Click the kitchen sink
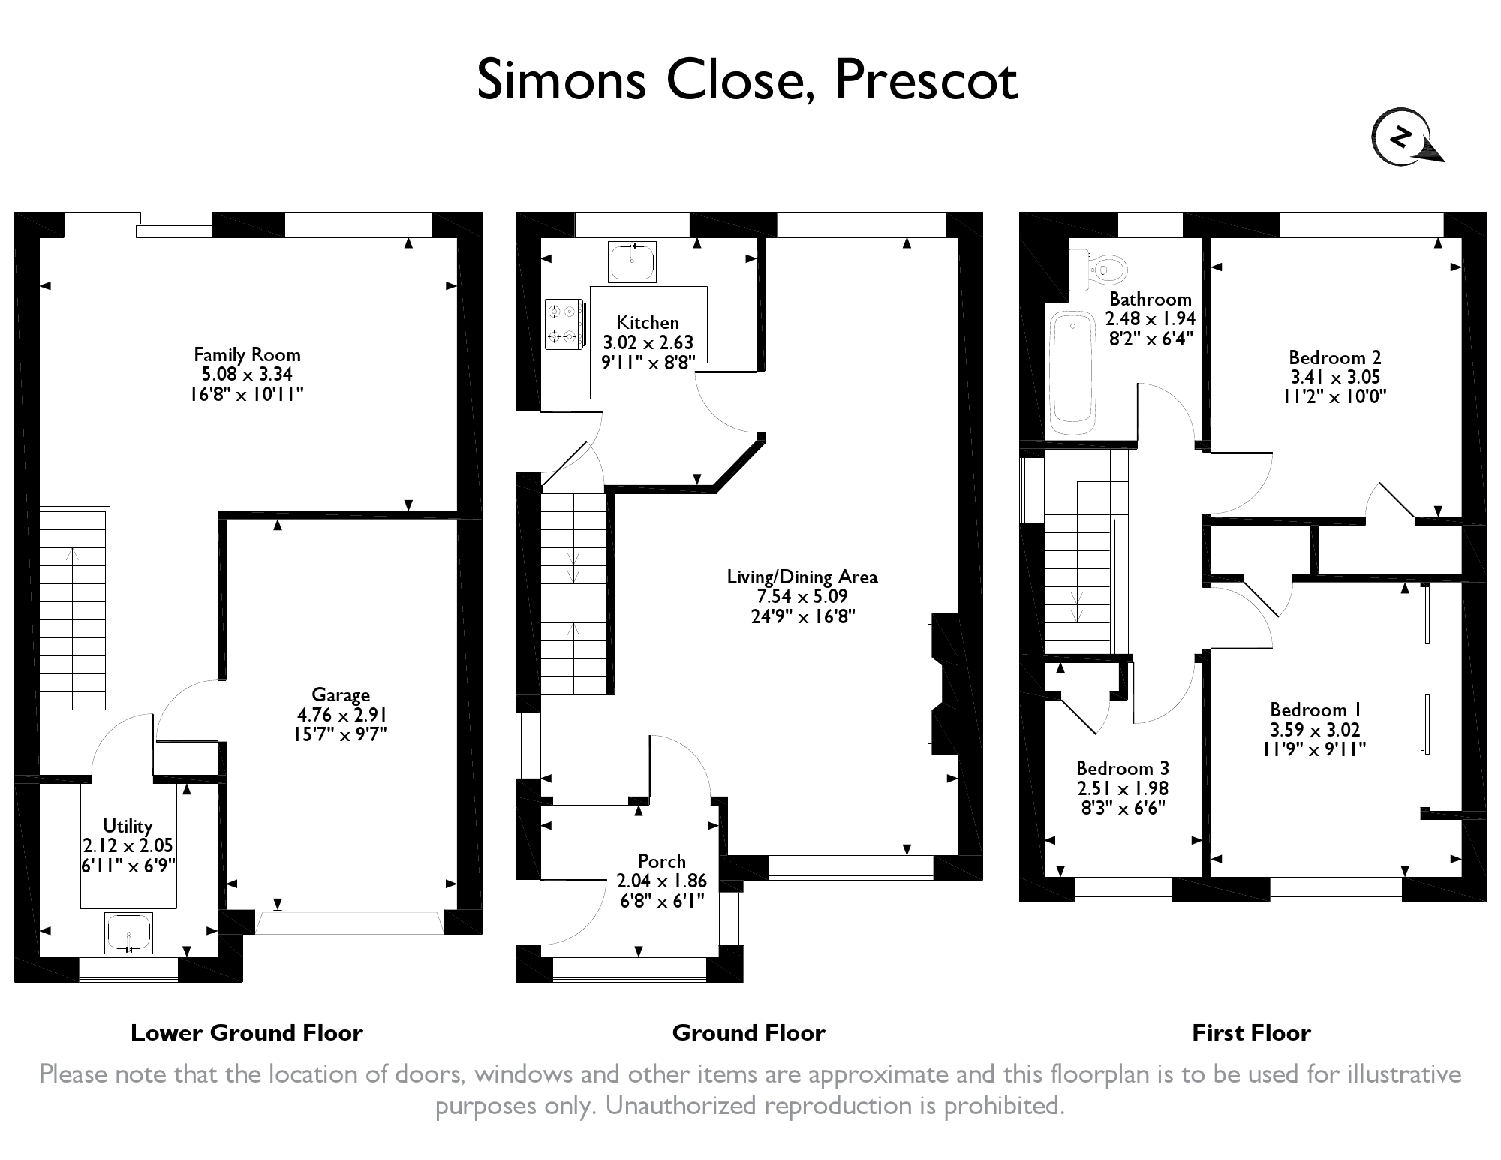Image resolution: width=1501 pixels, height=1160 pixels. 633,261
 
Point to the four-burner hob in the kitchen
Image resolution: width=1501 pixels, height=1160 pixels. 563,324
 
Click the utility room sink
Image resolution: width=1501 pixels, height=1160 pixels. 129,933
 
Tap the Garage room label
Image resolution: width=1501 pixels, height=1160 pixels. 341,694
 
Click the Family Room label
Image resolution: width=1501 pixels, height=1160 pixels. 247,354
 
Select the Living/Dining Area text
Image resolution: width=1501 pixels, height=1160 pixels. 802,577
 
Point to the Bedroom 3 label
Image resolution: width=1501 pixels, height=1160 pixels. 1122,768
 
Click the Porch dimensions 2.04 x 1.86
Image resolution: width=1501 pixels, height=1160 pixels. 661,881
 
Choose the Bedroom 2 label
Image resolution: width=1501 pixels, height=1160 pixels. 1334,357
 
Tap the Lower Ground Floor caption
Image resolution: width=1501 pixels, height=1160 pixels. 247,1033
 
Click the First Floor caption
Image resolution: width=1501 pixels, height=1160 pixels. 1251,1033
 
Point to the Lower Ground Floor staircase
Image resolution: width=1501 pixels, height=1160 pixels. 74,608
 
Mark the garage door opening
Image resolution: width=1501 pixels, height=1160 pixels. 350,923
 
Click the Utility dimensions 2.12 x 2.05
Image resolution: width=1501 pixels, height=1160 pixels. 128,845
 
